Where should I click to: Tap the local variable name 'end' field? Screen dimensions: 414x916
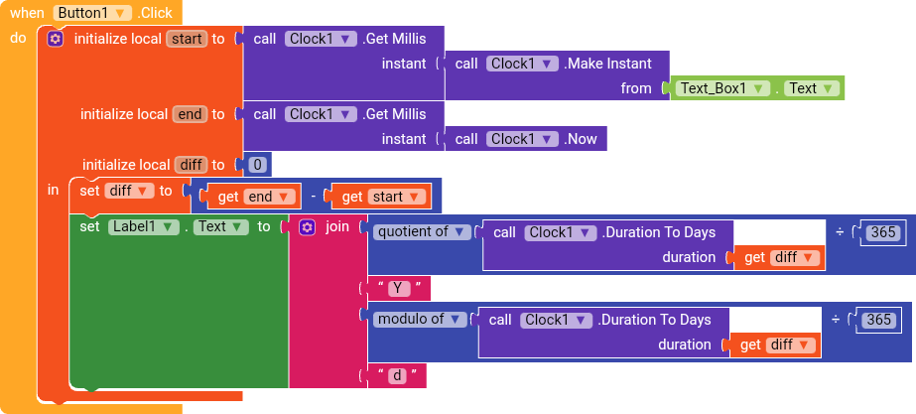[x=189, y=114]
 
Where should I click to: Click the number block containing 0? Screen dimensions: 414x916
[x=257, y=164]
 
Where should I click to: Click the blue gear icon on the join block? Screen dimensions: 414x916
[x=307, y=226]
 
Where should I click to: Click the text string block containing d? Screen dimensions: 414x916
[x=397, y=375]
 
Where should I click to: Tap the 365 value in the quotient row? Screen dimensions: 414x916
[x=881, y=232]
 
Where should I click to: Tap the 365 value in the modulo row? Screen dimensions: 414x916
[x=878, y=320]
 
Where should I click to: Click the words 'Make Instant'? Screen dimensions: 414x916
[x=608, y=64]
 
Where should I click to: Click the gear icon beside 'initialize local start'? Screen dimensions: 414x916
[x=56, y=39]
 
